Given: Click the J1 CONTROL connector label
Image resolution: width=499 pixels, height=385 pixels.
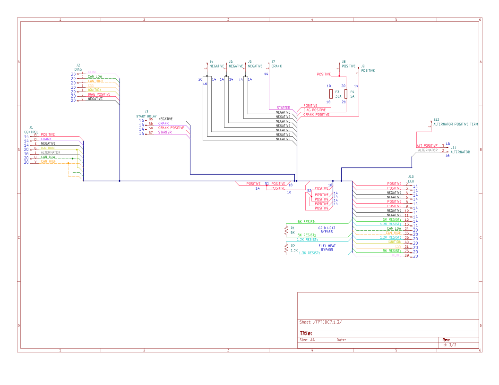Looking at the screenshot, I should point(31,130).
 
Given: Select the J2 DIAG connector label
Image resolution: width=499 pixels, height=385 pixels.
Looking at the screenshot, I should point(78,67).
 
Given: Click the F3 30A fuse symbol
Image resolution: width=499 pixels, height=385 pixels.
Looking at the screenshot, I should point(331,93).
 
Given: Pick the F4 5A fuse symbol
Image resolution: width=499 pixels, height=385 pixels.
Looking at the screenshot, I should point(346,93).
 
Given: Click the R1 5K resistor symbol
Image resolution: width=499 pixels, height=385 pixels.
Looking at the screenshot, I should point(286,230).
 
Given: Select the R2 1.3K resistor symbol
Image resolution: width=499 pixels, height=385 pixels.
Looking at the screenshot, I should point(286,248).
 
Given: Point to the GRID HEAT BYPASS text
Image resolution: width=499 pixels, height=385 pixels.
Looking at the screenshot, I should point(327,230).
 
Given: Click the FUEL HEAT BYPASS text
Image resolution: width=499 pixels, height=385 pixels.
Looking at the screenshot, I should point(327,248).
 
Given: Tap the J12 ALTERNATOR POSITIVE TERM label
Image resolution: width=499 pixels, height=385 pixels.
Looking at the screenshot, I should point(455,124).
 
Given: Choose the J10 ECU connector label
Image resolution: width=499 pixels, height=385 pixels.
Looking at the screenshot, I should point(411,178).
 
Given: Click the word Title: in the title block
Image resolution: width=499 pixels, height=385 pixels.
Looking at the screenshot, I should point(306,333).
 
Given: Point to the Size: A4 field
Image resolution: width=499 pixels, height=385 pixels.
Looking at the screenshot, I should point(307,340).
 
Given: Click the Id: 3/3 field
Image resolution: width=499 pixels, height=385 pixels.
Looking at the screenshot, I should point(449,345).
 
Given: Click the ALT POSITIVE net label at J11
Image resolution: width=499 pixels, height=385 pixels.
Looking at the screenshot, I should point(427,146).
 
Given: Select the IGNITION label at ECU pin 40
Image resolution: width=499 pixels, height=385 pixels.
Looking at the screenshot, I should point(394,242).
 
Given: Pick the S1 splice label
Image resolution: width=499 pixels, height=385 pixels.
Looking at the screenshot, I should point(267,184).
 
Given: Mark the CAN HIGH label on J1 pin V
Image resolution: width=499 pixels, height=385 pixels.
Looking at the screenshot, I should point(48,161).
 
